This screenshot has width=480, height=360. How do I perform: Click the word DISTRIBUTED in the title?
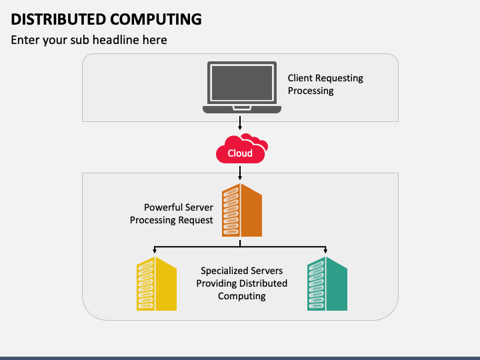[x=59, y=19]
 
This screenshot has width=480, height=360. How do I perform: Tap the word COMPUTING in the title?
[x=156, y=19]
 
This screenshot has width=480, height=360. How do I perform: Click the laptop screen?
[x=242, y=83]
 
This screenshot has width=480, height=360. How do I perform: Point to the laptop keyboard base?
[x=242, y=109]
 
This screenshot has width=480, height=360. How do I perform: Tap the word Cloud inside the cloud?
[x=240, y=153]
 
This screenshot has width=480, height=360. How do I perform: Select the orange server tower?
[x=242, y=210]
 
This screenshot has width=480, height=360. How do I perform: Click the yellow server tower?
[x=157, y=284]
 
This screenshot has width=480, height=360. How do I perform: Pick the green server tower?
[x=327, y=284]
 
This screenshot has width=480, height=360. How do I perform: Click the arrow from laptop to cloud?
[x=240, y=123]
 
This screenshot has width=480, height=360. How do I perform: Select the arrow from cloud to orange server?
[x=240, y=173]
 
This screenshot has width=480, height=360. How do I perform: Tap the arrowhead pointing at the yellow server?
[x=155, y=251]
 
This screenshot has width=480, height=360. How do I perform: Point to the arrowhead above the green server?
[x=325, y=251]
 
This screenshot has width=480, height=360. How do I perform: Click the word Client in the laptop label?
[x=300, y=78]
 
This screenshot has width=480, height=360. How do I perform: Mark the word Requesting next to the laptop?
[x=339, y=79]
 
